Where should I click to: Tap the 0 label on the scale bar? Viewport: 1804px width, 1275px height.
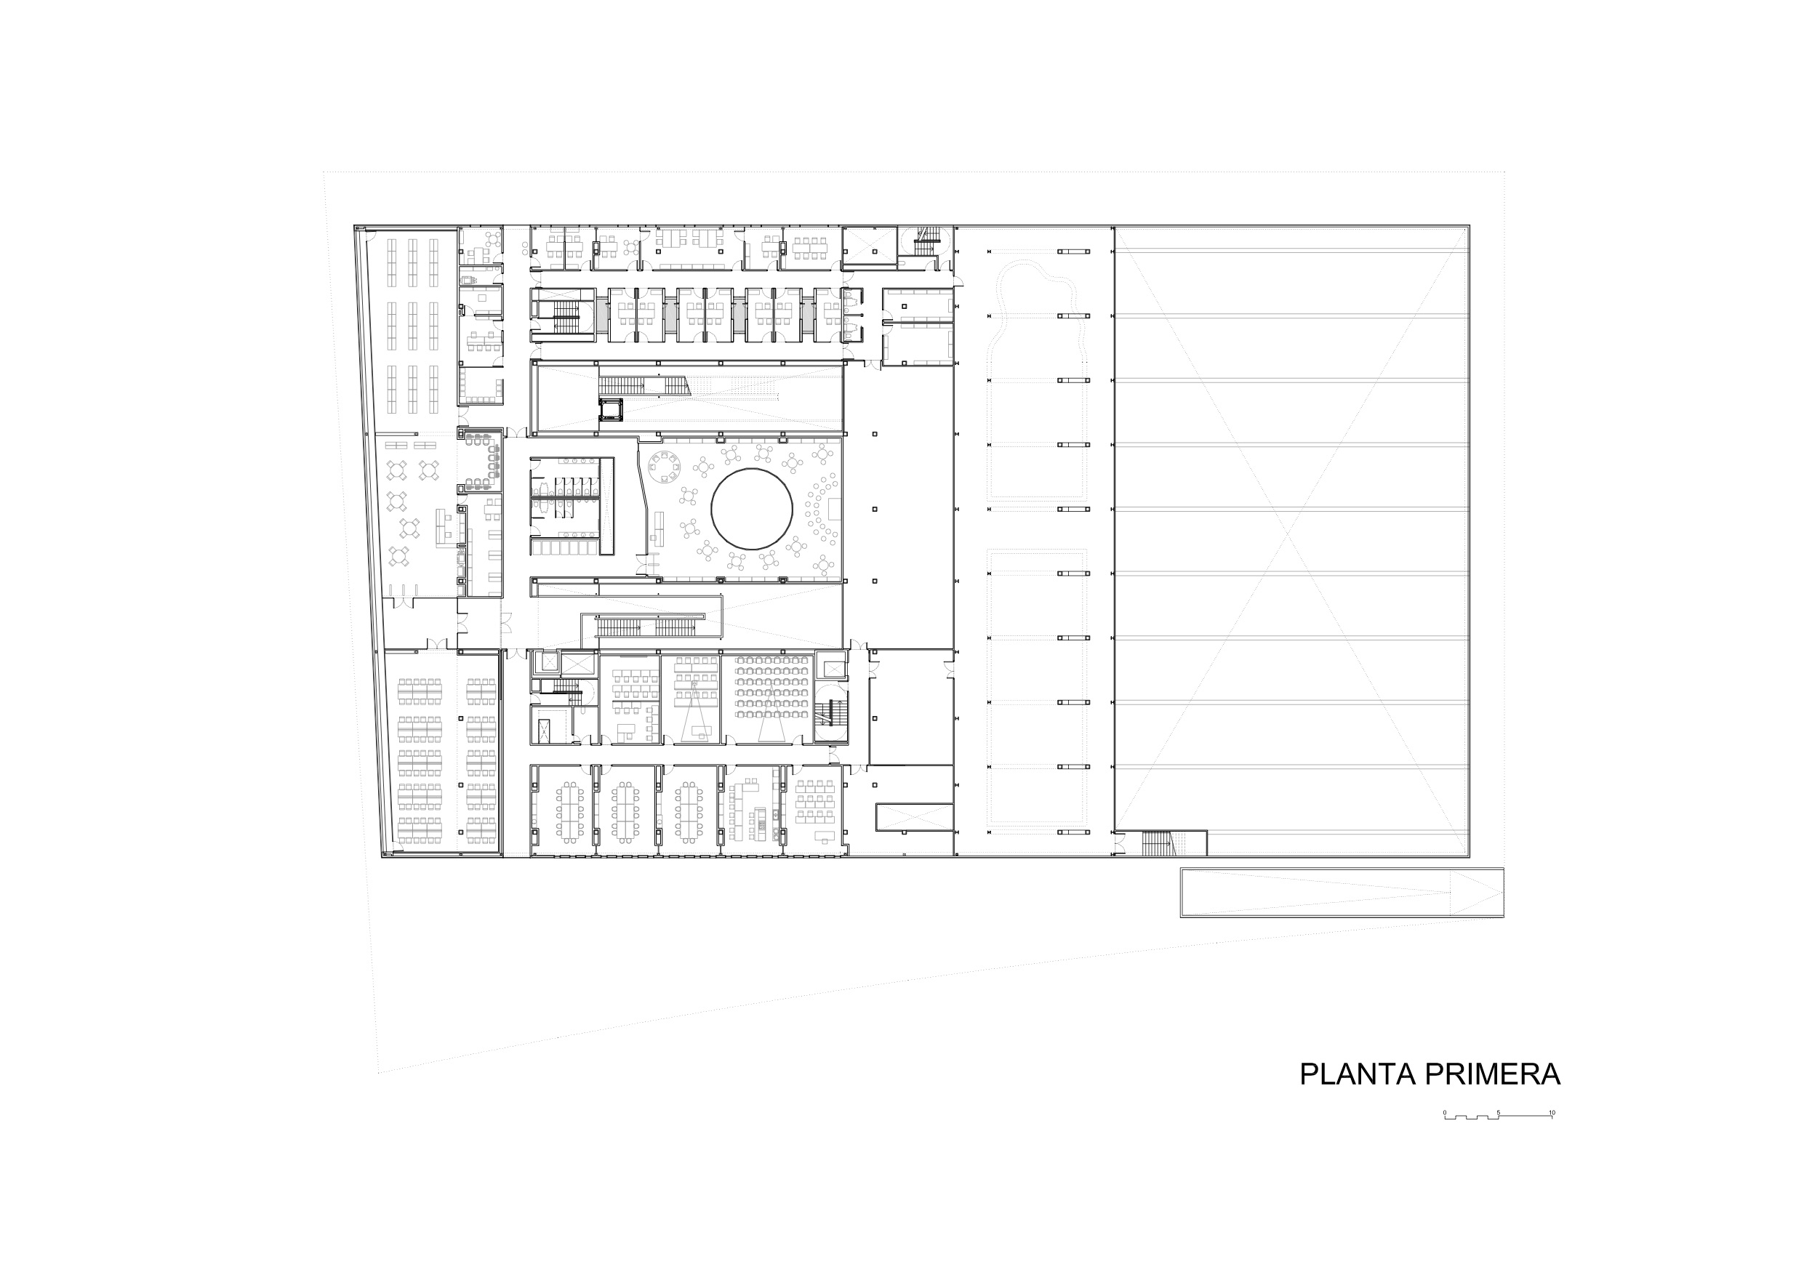(1444, 1112)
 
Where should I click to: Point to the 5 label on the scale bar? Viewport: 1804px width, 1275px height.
(1499, 1112)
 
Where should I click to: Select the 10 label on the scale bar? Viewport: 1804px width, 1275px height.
(1552, 1112)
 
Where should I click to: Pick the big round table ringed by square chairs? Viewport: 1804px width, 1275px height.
(664, 470)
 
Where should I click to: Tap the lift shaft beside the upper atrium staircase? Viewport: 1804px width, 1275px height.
(611, 409)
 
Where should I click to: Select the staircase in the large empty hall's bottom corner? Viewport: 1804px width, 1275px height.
(1157, 844)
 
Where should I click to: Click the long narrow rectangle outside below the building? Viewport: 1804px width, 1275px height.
(1342, 893)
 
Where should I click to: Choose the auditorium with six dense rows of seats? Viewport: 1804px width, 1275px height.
(771, 698)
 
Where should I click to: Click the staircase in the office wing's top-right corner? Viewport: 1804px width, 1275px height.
(926, 241)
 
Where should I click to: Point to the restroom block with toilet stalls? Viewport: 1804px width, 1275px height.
(572, 506)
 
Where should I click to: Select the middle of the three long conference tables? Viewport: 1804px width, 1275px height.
(625, 812)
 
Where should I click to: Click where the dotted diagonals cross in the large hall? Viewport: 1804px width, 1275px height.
(1291, 538)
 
